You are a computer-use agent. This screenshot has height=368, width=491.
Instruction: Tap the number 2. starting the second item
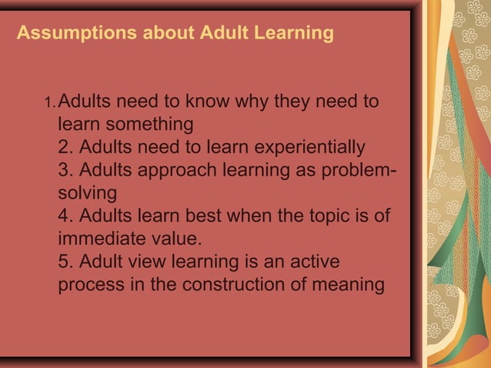[66, 146]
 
